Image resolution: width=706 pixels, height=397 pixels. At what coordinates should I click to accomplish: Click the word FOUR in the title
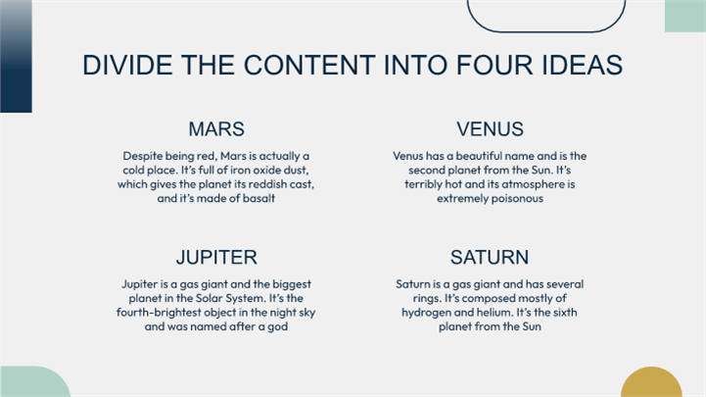click(x=494, y=65)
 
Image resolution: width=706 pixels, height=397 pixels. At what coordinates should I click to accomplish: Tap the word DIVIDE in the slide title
click(x=127, y=65)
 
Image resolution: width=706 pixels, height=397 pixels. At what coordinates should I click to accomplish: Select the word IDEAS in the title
click(x=583, y=65)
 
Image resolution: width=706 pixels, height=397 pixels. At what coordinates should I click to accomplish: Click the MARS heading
click(x=216, y=128)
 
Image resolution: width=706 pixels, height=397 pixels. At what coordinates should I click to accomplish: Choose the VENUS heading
click(x=490, y=128)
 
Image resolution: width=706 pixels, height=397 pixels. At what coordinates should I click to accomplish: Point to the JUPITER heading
click(x=216, y=257)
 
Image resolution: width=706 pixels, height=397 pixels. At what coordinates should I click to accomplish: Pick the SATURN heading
click(x=490, y=257)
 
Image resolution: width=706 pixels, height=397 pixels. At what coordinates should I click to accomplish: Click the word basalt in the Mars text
click(x=259, y=198)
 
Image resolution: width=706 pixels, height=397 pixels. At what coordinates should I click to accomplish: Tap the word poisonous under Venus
click(x=517, y=199)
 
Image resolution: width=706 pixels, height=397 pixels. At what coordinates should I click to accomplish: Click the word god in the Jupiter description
click(x=277, y=326)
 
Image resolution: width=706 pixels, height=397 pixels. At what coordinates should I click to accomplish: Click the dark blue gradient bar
click(x=17, y=56)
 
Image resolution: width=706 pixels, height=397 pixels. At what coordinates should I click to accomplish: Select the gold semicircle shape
click(x=651, y=383)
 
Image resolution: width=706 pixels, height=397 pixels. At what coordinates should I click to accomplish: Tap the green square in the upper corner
click(x=685, y=16)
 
